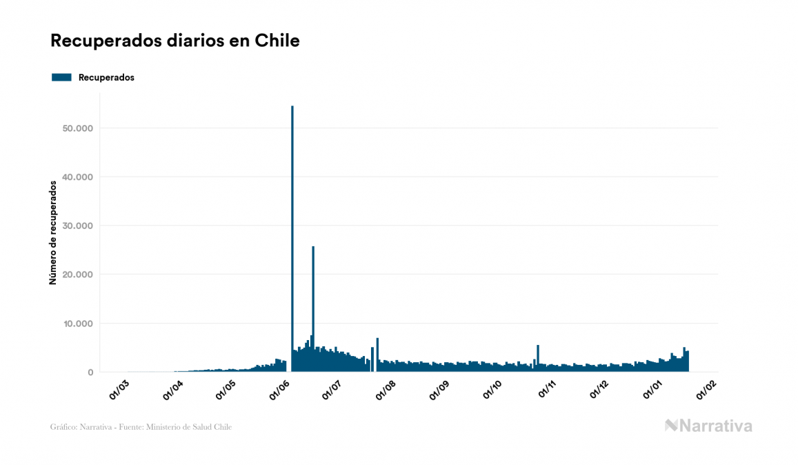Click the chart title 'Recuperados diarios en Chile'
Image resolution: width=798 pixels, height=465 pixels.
175,41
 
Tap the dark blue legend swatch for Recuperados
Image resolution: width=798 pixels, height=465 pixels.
61,77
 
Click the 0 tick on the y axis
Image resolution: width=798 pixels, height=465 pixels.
90,373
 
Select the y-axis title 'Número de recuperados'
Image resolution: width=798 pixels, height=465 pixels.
53,232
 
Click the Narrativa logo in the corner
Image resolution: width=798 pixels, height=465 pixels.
708,426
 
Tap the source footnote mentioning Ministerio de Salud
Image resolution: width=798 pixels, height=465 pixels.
141,427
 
